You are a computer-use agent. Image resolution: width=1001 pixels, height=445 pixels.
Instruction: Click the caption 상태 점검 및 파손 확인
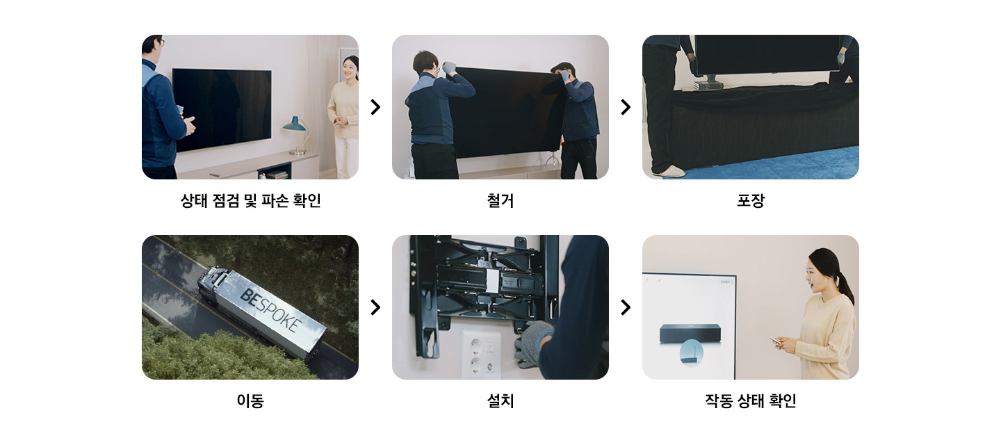pyautogui.click(x=250, y=201)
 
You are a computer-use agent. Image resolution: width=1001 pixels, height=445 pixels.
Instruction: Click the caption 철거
pyautogui.click(x=500, y=201)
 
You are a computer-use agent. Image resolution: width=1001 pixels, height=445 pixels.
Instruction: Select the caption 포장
pyautogui.click(x=751, y=201)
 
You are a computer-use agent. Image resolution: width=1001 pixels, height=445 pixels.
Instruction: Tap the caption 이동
pyautogui.click(x=250, y=401)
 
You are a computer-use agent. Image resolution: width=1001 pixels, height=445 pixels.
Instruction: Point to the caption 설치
pyautogui.click(x=500, y=401)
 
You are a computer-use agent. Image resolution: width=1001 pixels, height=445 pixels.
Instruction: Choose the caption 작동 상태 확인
pyautogui.click(x=751, y=401)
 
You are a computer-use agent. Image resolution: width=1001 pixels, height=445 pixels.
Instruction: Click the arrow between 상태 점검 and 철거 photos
pyautogui.click(x=375, y=107)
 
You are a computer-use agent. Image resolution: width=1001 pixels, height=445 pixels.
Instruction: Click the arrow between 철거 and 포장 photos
pyautogui.click(x=626, y=107)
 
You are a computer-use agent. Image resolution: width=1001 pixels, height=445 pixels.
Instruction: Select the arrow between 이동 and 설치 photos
pyautogui.click(x=375, y=307)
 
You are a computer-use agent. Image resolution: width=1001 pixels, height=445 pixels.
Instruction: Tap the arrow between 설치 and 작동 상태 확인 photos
pyautogui.click(x=626, y=307)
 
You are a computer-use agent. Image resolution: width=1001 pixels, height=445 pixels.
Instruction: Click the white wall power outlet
pyautogui.click(x=481, y=354)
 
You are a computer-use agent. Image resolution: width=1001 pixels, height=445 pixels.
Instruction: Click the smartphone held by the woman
pyautogui.click(x=775, y=341)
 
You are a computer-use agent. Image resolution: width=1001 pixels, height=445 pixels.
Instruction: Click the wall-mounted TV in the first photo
pyautogui.click(x=222, y=109)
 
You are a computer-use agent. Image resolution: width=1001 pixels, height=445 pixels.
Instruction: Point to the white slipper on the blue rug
pyautogui.click(x=669, y=171)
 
